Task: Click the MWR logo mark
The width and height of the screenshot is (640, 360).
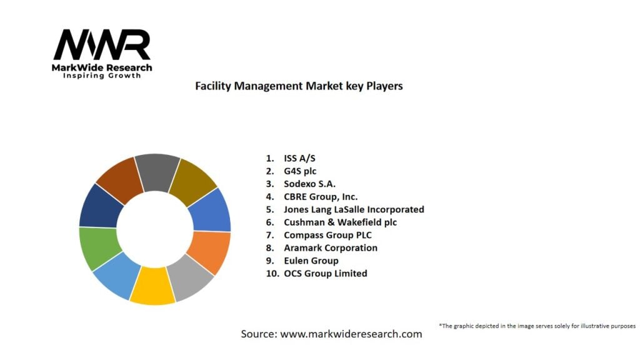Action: pos(102,46)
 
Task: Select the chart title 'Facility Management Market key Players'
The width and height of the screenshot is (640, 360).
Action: pos(299,86)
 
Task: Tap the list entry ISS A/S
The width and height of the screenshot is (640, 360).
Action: pos(299,158)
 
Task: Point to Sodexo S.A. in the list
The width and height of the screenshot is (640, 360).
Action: pos(309,184)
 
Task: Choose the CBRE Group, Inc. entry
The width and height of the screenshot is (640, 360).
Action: pos(321,197)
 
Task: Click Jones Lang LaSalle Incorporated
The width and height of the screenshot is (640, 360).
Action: pos(354,209)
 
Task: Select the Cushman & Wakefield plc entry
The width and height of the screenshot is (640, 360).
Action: pos(340,222)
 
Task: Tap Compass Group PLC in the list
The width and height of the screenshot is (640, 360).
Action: pos(327,235)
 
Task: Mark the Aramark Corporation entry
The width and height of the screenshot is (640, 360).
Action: pos(331,247)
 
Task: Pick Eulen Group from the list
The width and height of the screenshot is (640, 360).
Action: pos(311,261)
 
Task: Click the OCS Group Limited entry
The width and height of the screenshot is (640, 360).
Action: pos(325,273)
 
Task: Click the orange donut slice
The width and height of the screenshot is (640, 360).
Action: pos(210,251)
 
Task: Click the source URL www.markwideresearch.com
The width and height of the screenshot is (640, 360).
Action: pos(351,334)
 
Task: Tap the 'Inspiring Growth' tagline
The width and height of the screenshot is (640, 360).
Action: pos(102,76)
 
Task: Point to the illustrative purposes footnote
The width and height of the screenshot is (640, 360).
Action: pos(537,326)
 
